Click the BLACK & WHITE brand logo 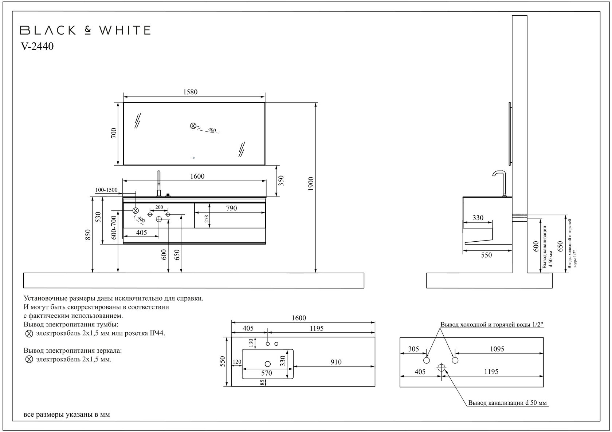(85, 30)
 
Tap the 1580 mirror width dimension (190, 92)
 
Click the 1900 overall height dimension (310, 184)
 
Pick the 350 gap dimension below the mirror (281, 181)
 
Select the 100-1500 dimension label (106, 190)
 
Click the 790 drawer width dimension (231, 208)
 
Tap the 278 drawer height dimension (207, 219)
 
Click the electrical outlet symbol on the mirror (193, 126)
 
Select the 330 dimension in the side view (478, 218)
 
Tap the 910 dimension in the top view (336, 362)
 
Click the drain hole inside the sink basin (268, 364)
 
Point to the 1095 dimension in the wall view (497, 349)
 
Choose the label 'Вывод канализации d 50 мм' (507, 403)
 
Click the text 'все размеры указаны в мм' (67, 415)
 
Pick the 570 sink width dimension (267, 373)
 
